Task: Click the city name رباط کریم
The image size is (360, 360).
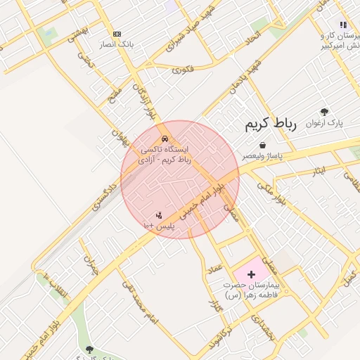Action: click(x=271, y=124)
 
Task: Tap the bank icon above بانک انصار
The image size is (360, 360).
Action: click(x=117, y=34)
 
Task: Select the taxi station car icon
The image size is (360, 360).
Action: click(x=165, y=139)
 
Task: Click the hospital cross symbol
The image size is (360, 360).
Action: click(x=251, y=272)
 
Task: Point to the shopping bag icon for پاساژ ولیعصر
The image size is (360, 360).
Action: click(x=262, y=144)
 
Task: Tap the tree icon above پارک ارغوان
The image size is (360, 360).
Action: click(x=324, y=112)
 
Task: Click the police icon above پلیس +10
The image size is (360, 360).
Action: click(x=159, y=215)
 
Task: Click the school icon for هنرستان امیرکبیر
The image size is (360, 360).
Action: click(x=343, y=25)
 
